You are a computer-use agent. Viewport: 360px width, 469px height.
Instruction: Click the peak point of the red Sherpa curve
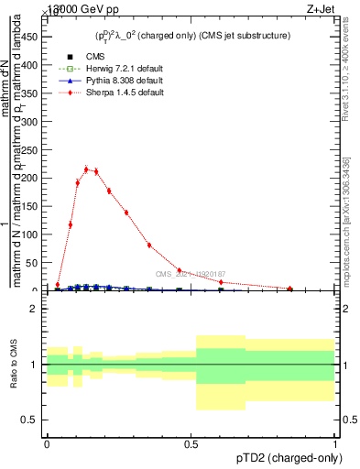86,169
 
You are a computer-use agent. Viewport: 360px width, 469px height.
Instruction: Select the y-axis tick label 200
32,179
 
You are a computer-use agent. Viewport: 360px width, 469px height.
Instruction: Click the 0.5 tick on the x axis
191,444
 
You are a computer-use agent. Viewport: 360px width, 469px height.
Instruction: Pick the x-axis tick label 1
335,444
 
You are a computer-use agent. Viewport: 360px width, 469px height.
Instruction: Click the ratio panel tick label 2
33,310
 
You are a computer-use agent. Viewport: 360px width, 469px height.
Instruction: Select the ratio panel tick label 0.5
29,420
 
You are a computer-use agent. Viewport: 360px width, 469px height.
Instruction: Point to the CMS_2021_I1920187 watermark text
190,274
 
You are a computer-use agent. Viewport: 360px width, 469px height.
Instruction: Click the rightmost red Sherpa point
290,289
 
